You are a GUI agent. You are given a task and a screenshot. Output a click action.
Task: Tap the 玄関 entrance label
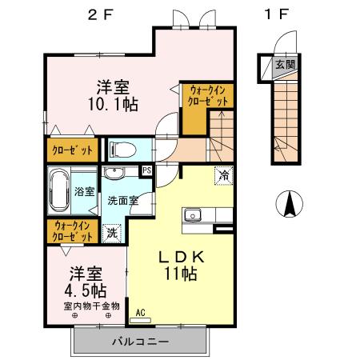pyautogui.click(x=283, y=65)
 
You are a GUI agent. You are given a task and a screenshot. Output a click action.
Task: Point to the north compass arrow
pyautogui.click(x=287, y=205)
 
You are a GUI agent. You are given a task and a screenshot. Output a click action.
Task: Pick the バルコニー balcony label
pyautogui.click(x=140, y=342)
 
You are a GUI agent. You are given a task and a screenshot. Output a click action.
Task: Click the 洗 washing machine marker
pyautogui.click(x=112, y=234)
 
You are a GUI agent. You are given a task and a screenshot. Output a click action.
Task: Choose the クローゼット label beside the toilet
pyautogui.click(x=72, y=150)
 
